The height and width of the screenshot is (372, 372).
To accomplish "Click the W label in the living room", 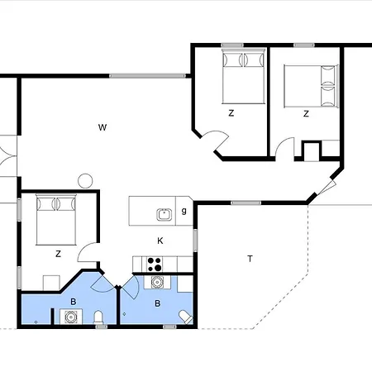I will pos(103,127).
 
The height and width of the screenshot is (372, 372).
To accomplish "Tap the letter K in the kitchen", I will pos(160,241).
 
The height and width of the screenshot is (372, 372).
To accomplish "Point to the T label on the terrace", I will pos(250,259).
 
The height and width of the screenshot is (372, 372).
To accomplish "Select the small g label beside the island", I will pos(184,212).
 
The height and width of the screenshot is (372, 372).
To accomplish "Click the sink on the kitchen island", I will pos(164,214).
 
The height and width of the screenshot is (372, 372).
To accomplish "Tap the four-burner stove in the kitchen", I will pos(154,264).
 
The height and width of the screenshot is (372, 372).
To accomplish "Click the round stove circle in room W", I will pos(84,179).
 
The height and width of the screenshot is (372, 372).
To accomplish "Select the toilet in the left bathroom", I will pos(98,318).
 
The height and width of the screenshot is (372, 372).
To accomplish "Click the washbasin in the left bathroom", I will pos(66,317).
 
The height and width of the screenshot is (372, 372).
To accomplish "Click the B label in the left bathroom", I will pos(73,303).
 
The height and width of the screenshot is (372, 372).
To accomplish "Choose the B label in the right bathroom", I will pos(158,303).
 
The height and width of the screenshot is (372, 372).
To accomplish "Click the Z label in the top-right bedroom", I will pos(306,113).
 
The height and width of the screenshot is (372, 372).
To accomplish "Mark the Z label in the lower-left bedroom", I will pos(58,255).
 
